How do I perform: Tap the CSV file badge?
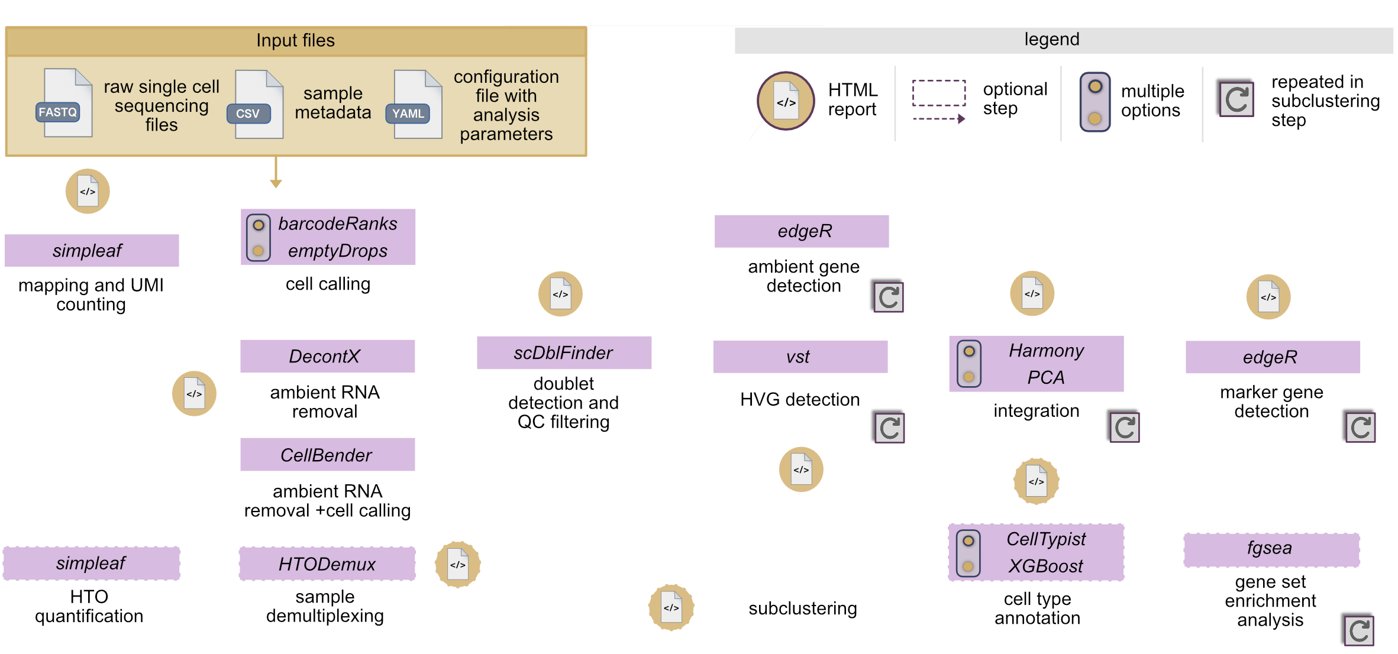[x=248, y=113]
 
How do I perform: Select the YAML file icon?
[x=415, y=105]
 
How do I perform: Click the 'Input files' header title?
[x=295, y=40]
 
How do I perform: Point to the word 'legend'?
[x=1051, y=39]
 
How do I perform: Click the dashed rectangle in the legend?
[x=938, y=93]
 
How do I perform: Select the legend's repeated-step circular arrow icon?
[x=1236, y=99]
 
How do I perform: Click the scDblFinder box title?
[x=563, y=353]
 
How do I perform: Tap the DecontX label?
[x=324, y=357]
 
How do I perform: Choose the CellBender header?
[x=326, y=455]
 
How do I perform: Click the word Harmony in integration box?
[x=1046, y=351]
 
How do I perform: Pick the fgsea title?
[x=1269, y=548]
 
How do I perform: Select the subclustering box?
[x=802, y=608]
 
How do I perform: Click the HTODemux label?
[x=327, y=564]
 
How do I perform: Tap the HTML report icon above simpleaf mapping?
[x=88, y=191]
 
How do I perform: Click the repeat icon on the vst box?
[x=889, y=428]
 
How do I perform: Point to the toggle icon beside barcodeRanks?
[x=259, y=238]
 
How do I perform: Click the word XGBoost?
[x=1045, y=566]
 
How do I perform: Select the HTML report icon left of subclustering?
[x=671, y=607]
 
